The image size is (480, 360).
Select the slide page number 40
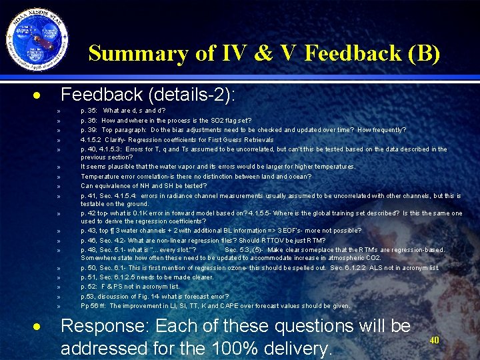[435, 340]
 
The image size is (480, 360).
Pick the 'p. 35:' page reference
[89, 111]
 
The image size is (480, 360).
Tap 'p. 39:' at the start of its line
[89, 130]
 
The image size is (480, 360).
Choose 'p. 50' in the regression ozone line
[88, 268]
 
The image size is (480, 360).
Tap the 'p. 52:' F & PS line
[89, 287]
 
